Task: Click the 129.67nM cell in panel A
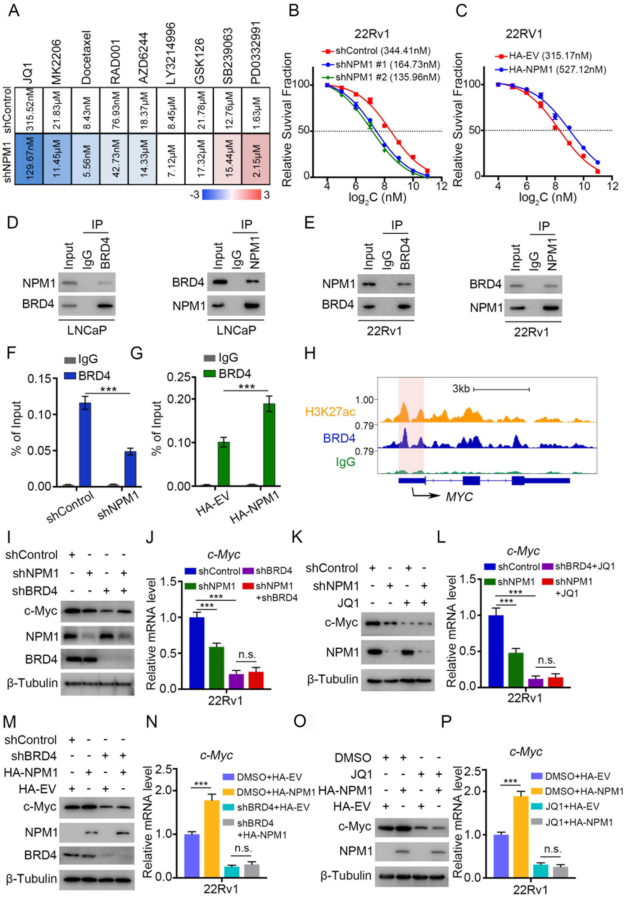coord(28,158)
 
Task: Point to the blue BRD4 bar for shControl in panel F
coord(85,444)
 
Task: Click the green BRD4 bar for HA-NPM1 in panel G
coord(269,444)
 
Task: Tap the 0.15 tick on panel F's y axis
coord(39,379)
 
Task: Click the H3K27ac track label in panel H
coord(330,411)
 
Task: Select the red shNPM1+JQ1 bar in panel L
coord(555,683)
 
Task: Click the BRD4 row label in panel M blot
coord(40,855)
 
